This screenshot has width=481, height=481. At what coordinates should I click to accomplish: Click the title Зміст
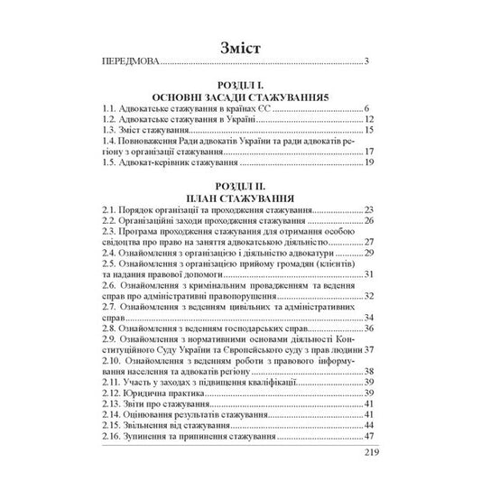[x=239, y=46]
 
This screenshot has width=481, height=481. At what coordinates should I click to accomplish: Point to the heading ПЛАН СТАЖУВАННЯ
[x=240, y=196]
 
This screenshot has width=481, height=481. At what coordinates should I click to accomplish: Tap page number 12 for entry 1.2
[x=369, y=120]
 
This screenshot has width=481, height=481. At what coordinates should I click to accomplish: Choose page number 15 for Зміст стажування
[x=369, y=132]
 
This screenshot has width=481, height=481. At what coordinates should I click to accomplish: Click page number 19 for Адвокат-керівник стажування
[x=369, y=165]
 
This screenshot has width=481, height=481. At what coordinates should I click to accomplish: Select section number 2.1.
[x=111, y=209]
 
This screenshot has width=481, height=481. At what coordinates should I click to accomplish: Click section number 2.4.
[x=111, y=254]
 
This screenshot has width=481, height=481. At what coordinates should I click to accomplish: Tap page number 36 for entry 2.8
[x=369, y=330]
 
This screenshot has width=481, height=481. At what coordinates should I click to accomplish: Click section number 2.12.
[x=114, y=394]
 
